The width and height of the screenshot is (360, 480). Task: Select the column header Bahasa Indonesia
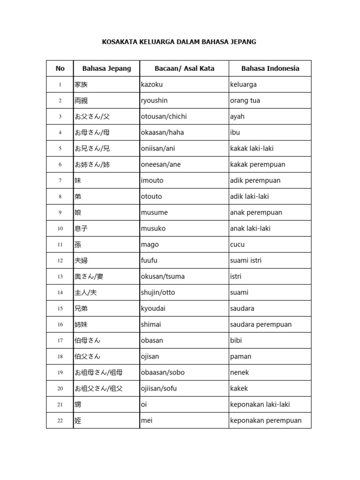click(x=270, y=68)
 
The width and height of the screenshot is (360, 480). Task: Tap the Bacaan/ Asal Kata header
click(x=184, y=68)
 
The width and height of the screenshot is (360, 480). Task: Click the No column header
click(x=60, y=68)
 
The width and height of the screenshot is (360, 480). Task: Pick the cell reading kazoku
click(x=152, y=85)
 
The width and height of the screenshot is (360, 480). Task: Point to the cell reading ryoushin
click(x=154, y=101)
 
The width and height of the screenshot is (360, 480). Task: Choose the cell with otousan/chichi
click(x=164, y=117)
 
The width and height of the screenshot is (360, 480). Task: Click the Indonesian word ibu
click(x=235, y=133)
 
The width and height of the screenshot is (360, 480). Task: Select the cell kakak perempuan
click(x=258, y=165)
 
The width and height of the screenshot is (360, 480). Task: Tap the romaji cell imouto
click(x=152, y=180)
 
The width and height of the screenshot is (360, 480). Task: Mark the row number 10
click(x=60, y=229)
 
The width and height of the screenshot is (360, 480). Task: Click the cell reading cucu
click(x=238, y=245)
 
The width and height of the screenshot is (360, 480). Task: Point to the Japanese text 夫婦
click(x=81, y=261)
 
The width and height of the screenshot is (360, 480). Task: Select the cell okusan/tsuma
click(x=163, y=277)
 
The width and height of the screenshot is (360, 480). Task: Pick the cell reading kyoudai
click(x=153, y=308)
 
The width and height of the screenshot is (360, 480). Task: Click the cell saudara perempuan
click(x=261, y=324)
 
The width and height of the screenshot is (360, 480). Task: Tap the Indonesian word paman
click(x=241, y=356)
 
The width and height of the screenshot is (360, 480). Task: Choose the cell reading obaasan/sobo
click(x=163, y=373)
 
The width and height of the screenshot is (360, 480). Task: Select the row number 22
click(x=60, y=421)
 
